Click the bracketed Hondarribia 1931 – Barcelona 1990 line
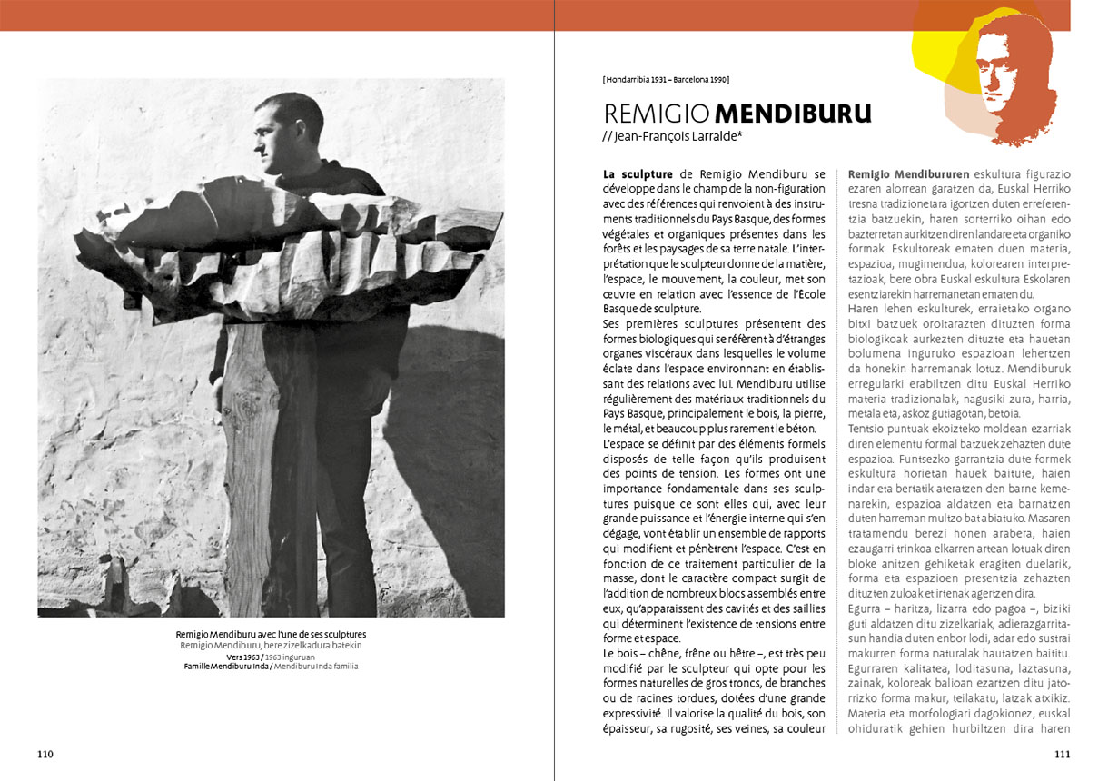(666, 80)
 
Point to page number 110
(46, 754)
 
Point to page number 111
(1062, 754)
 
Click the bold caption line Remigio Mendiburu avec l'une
(271, 634)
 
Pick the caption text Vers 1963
(244, 656)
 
